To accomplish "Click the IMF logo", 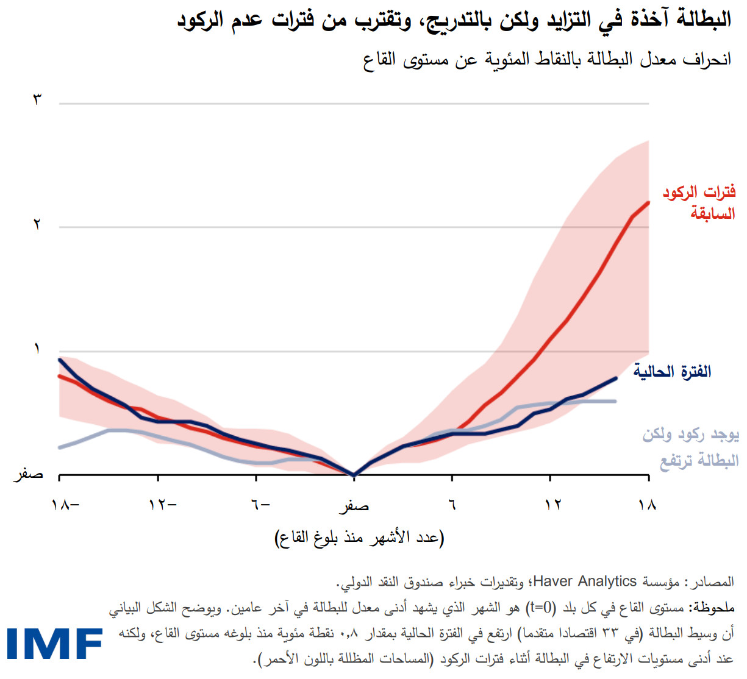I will point(54,644).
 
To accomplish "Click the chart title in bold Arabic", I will point(454,20).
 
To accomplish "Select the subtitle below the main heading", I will point(546,60).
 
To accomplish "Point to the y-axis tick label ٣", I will point(37,99).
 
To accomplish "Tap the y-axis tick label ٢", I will point(37,225).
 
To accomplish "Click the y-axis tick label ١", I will point(37,349).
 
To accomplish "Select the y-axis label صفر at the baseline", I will point(29,474).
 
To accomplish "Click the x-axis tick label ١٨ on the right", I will point(647,505).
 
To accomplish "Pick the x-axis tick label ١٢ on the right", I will point(552,505).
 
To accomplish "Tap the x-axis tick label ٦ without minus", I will point(452,505).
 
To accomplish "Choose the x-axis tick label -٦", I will point(260,505).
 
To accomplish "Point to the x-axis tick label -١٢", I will point(162,505).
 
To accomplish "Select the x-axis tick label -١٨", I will point(66,505).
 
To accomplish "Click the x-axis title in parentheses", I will point(359,538).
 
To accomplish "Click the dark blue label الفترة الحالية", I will point(672,371).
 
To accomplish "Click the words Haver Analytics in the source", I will point(584,581).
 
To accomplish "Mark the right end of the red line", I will point(648,202).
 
